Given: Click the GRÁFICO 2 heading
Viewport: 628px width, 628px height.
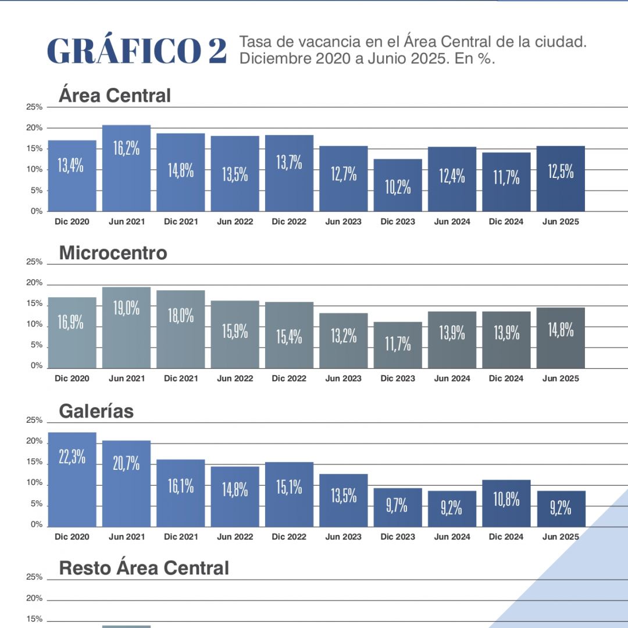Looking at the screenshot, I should click(137, 51).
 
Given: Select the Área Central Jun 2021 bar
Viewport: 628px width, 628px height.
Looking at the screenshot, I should click(126, 168).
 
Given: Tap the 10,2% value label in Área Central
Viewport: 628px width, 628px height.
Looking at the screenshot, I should click(398, 187).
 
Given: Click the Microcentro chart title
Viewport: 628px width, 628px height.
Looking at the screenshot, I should click(113, 253).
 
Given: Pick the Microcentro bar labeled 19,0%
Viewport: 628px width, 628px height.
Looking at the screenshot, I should click(126, 327).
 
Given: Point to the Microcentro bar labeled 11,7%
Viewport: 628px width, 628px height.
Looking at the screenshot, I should click(398, 345).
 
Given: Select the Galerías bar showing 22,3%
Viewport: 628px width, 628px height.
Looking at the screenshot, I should click(72, 479).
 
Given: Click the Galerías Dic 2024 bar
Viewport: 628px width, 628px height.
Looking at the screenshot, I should click(506, 503).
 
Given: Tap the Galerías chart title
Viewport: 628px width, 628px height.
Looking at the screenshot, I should click(97, 411).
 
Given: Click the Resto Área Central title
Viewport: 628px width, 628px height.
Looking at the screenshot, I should click(144, 568).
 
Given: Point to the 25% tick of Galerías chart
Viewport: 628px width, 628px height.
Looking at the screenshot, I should click(34, 420).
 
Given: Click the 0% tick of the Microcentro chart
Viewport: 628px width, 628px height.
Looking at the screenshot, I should click(37, 366).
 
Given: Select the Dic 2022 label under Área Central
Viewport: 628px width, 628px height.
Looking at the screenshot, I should click(289, 222).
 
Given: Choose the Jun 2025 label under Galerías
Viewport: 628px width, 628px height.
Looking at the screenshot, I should click(561, 537).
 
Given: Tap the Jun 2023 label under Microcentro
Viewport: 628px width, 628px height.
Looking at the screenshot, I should click(343, 379).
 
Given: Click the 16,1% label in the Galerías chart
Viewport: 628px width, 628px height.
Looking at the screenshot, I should click(181, 486).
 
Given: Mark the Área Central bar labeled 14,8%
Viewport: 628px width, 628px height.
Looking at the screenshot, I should click(181, 172).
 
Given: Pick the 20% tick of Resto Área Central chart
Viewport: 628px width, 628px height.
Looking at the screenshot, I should click(34, 598).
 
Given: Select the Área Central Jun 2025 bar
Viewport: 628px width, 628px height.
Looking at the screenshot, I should click(561, 179).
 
